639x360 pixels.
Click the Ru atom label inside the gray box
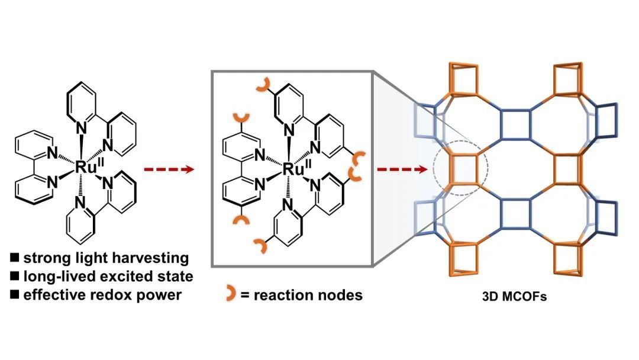click(290, 169)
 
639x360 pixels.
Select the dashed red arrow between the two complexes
click(169, 170)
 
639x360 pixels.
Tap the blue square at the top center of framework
click(514, 126)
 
